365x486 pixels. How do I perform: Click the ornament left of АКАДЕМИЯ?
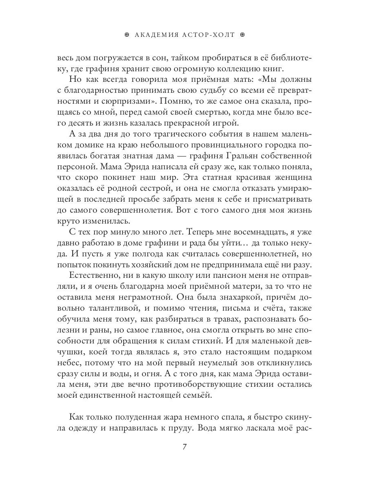[127, 35]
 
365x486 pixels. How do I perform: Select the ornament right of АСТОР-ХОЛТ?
[243, 35]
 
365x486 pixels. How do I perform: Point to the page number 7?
[185, 447]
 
